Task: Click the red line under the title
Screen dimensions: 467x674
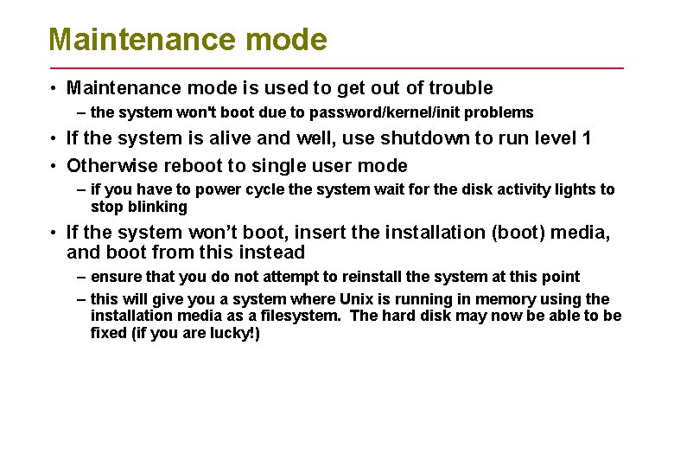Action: click(x=337, y=67)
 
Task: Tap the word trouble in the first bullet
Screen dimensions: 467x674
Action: click(x=461, y=87)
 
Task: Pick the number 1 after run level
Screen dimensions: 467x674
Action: click(x=587, y=138)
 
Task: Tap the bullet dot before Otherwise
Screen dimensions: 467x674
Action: click(x=54, y=166)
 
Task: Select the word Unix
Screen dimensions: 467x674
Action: click(x=333, y=299)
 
